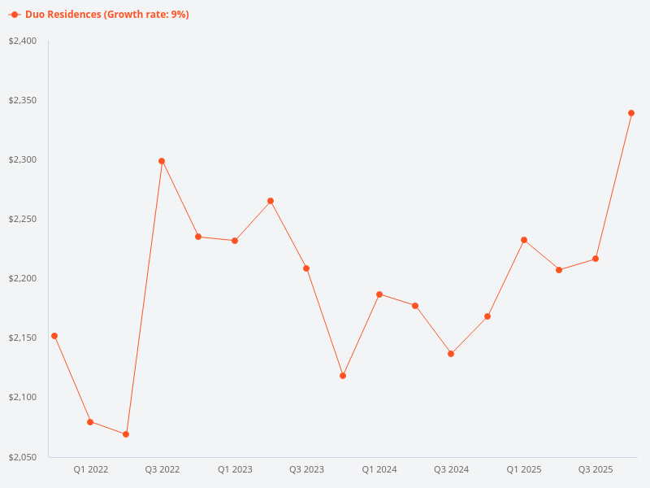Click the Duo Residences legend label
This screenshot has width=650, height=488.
click(106, 15)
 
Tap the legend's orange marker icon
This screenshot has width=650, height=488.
click(15, 15)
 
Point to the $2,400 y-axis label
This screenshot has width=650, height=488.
click(23, 41)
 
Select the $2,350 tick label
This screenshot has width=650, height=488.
click(23, 100)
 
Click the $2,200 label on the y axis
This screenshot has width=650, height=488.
click(23, 278)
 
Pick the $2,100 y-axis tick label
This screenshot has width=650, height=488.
click(23, 397)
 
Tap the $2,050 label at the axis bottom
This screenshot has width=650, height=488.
click(23, 456)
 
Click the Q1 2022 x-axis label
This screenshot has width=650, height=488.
click(91, 469)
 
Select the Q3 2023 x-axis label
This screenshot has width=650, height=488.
click(307, 469)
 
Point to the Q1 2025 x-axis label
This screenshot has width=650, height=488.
click(524, 469)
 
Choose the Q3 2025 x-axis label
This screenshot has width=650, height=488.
click(596, 469)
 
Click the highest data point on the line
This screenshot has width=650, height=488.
click(631, 113)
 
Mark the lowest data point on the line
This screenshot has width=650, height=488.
click(126, 434)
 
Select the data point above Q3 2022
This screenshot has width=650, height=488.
click(162, 161)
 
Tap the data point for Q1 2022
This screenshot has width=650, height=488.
click(90, 422)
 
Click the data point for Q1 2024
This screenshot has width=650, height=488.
click(379, 294)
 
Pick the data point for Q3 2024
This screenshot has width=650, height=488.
click(451, 354)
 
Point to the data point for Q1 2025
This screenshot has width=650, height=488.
click(524, 240)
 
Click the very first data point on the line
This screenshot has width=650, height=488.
click(54, 336)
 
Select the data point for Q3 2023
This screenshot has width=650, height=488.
click(306, 268)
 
